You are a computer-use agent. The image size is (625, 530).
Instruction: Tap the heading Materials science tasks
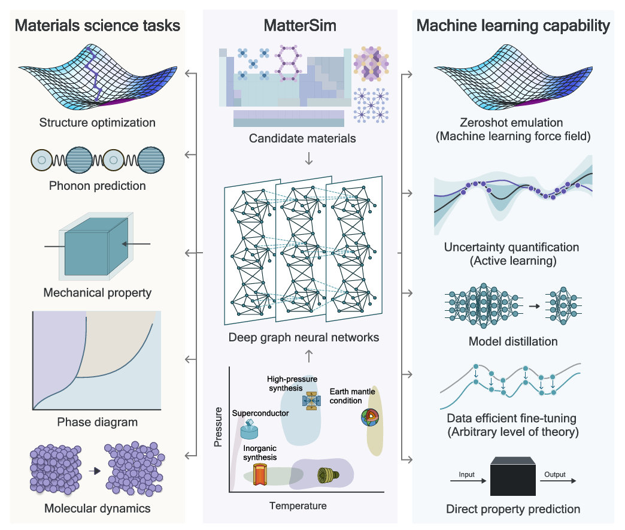click(98, 26)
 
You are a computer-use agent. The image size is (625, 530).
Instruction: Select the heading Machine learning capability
click(513, 26)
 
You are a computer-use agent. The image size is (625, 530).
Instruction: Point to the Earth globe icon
click(369, 417)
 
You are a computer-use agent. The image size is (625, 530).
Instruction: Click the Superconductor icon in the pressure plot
click(249, 428)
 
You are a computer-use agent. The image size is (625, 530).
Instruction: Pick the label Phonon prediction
click(98, 186)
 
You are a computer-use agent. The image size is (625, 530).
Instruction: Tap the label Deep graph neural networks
click(304, 337)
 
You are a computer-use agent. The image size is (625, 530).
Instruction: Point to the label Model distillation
click(513, 341)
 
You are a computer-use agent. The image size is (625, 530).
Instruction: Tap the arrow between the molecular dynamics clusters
click(93, 471)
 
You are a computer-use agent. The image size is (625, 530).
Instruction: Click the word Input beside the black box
click(466, 474)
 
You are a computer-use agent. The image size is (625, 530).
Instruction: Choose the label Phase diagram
click(98, 422)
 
